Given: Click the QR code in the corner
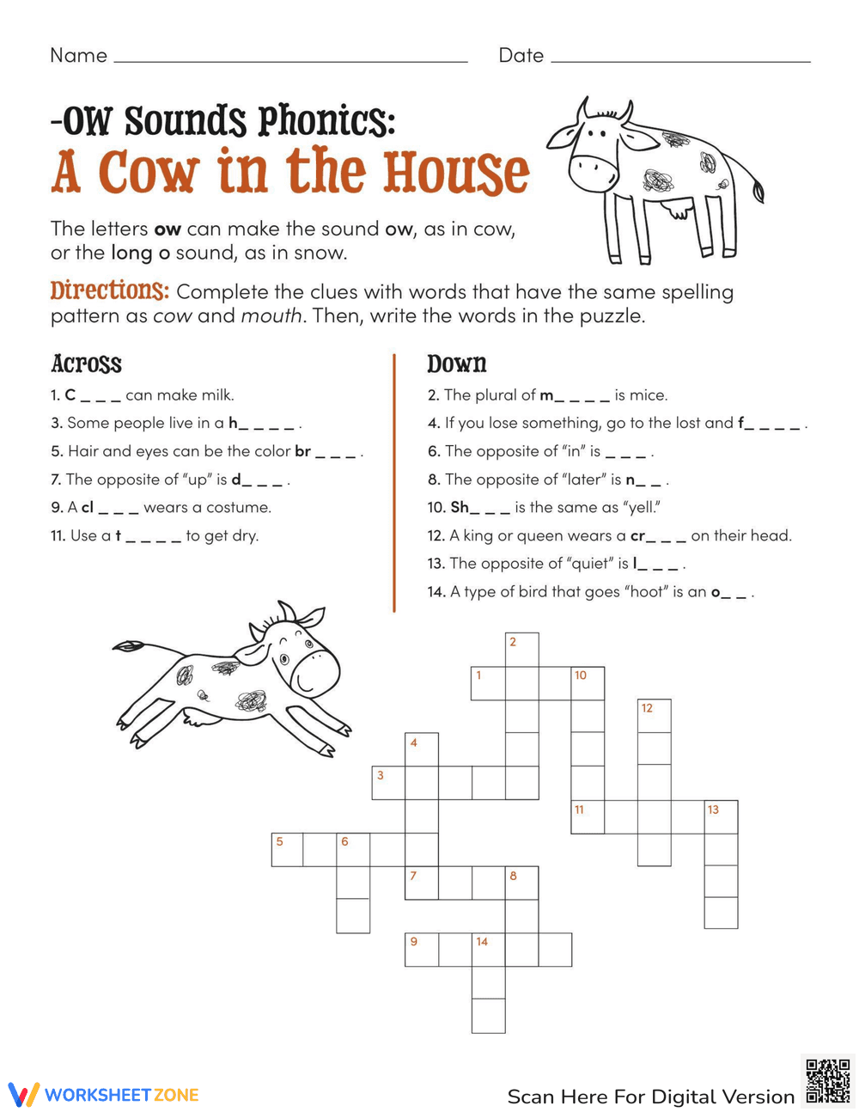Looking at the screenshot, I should [x=829, y=1080].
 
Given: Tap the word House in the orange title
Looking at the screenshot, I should [x=455, y=172].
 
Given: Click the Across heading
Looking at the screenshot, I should [x=86, y=364].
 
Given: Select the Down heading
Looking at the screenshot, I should [x=457, y=364].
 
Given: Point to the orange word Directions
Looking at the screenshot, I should [x=108, y=290].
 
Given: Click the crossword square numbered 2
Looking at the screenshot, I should [x=522, y=651].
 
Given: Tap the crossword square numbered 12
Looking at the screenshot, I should [x=655, y=716].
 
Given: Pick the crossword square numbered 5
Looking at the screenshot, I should [x=288, y=849].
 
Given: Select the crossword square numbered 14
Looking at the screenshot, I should [x=489, y=950].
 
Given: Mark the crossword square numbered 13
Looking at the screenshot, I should [x=722, y=816].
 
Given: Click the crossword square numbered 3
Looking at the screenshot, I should [x=388, y=783].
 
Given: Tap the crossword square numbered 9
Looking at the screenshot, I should [x=422, y=950].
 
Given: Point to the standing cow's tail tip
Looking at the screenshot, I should [x=758, y=192].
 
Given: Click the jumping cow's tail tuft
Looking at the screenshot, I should [x=127, y=645].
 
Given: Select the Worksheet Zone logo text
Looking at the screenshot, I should [x=121, y=1095].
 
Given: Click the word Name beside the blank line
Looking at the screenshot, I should [x=79, y=56].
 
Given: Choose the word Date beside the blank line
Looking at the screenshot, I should [x=521, y=56].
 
